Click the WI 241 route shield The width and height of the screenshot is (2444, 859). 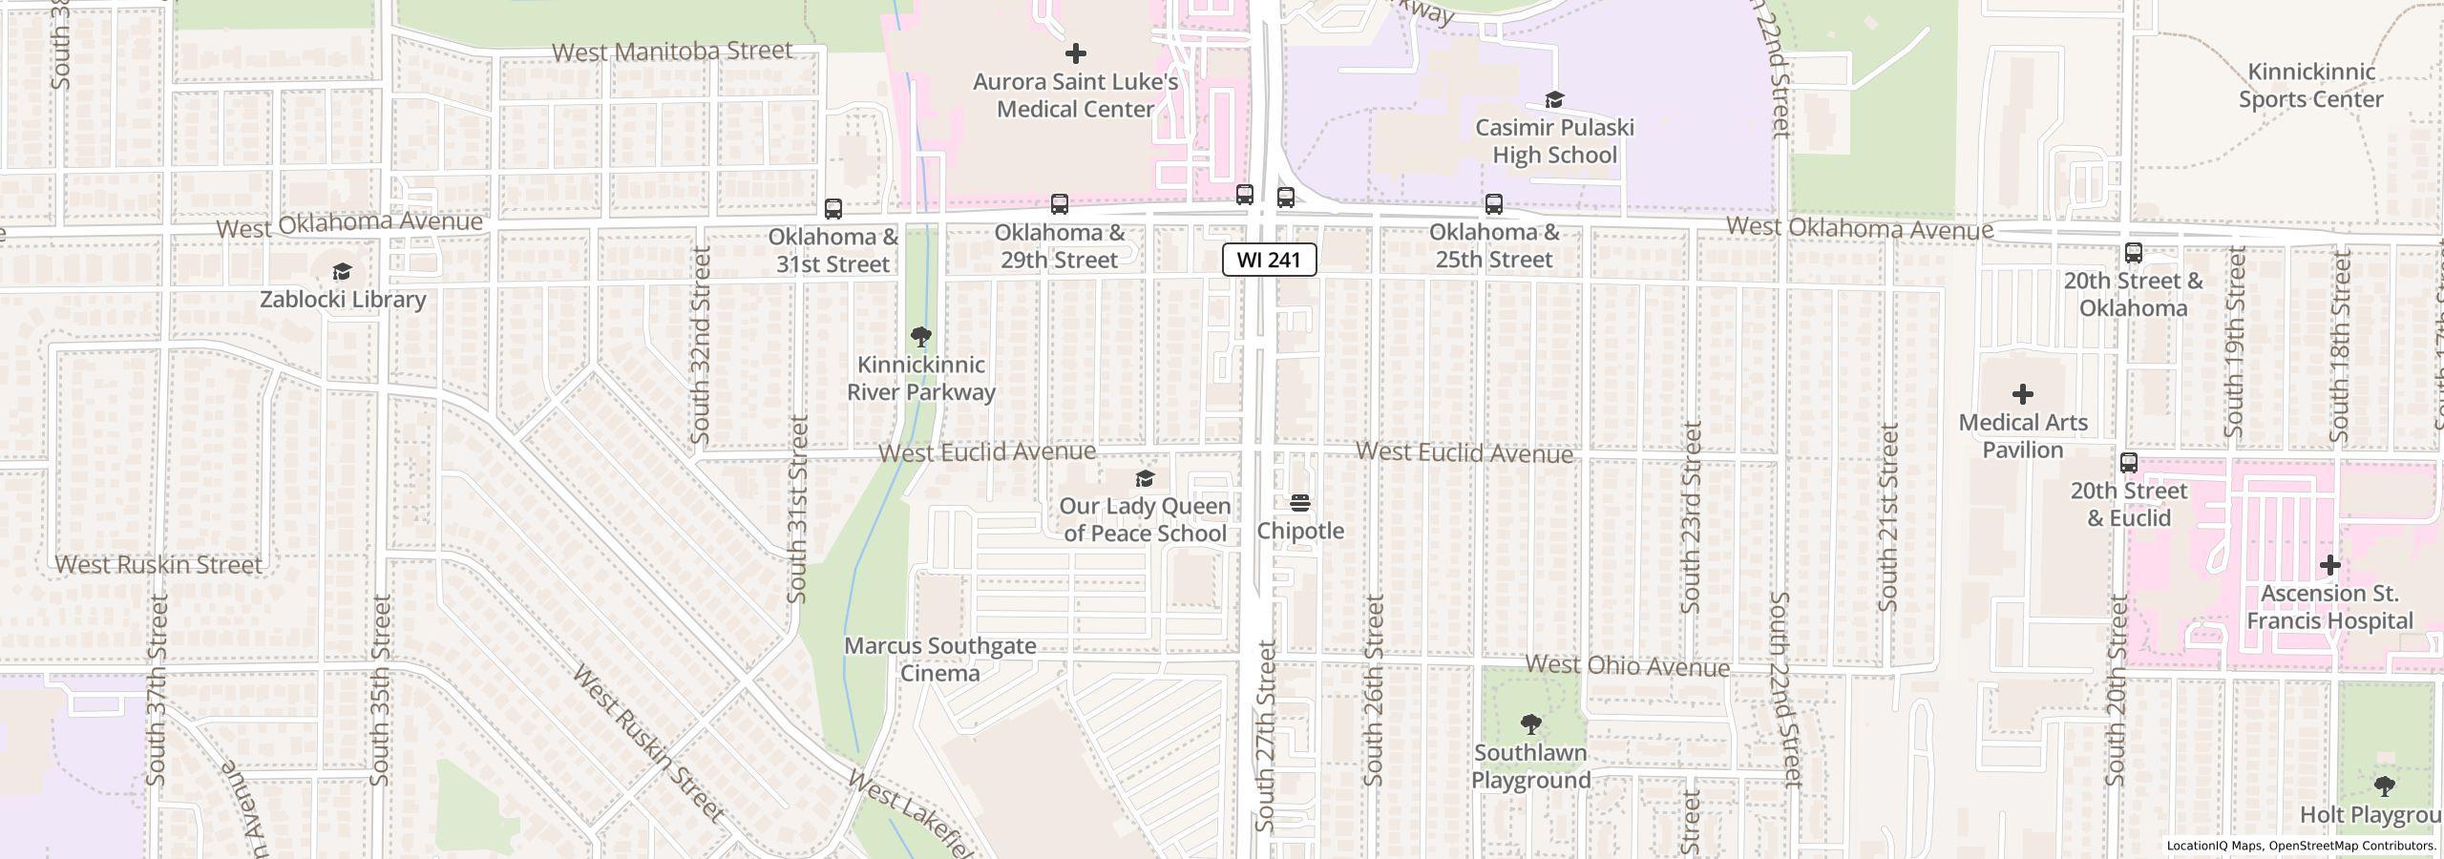click(1269, 260)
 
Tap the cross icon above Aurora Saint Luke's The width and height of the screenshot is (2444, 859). click(1075, 52)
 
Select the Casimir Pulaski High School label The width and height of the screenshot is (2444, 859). click(1554, 141)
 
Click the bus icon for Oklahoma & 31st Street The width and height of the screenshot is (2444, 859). click(832, 209)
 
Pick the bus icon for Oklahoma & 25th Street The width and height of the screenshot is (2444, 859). click(1493, 204)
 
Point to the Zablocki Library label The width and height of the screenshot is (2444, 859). click(343, 299)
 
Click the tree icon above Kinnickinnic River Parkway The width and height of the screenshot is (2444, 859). click(921, 336)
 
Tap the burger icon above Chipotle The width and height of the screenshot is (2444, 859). click(1299, 503)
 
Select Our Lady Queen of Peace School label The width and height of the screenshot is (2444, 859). click(1145, 519)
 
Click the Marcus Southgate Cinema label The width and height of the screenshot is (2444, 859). click(940, 660)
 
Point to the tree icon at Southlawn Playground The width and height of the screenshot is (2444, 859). click(1530, 723)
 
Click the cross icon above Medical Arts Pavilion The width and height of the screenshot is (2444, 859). click(2022, 394)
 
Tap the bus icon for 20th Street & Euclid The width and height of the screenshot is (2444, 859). click(2128, 463)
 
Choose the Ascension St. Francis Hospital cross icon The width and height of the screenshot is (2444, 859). click(2329, 565)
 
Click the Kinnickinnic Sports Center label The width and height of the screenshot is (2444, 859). click(2310, 85)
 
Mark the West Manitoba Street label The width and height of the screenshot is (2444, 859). click(672, 52)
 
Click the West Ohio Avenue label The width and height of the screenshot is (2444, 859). click(1627, 665)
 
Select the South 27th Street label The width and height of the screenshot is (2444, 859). click(1266, 735)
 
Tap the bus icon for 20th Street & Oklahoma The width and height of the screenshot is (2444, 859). click(2133, 253)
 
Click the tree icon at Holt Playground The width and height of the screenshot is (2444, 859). click(2384, 786)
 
